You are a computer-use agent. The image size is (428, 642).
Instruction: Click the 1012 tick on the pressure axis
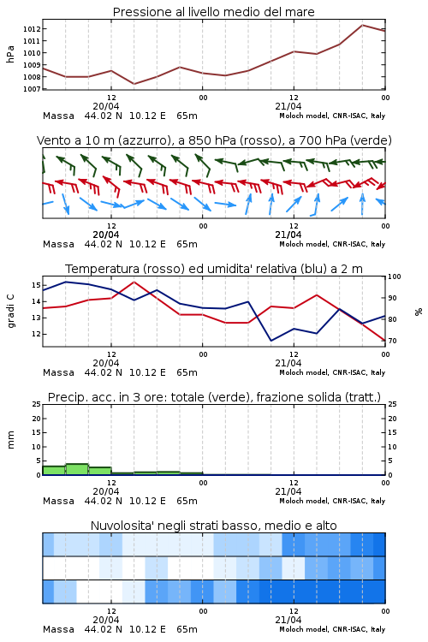point(32,28)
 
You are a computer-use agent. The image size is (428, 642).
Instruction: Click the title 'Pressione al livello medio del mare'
point(213,12)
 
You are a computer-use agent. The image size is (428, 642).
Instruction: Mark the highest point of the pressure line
point(362,25)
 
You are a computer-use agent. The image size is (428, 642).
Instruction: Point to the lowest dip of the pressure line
point(134,84)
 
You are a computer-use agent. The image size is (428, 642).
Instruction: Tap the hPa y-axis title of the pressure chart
point(10,54)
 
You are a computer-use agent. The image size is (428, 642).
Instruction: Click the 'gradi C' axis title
point(10,312)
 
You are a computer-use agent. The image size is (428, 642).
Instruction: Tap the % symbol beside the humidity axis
point(419,312)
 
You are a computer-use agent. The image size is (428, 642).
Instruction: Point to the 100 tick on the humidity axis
point(395,276)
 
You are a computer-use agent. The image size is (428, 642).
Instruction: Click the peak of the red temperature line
point(134,282)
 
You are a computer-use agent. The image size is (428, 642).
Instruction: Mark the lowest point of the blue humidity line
point(270,341)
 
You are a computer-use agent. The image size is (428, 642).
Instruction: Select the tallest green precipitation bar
point(77,469)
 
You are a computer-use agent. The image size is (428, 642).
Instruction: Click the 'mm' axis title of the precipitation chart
point(10,440)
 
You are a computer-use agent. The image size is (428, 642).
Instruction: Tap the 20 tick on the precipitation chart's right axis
point(392,419)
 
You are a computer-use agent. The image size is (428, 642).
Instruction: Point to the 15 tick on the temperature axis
point(36,285)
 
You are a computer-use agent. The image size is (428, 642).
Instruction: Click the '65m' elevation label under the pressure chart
point(187,116)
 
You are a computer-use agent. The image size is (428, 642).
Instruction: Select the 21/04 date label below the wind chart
point(288,235)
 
